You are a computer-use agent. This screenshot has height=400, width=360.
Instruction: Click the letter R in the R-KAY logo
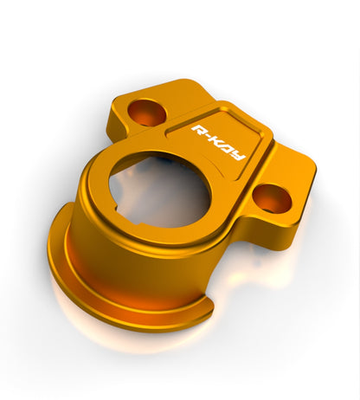199,132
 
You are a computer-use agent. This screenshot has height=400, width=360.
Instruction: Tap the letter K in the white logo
218,142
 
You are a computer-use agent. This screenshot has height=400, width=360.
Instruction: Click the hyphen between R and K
209,138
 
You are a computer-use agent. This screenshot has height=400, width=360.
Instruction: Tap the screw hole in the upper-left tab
147,113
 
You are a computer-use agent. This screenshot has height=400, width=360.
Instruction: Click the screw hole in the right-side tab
273,198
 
